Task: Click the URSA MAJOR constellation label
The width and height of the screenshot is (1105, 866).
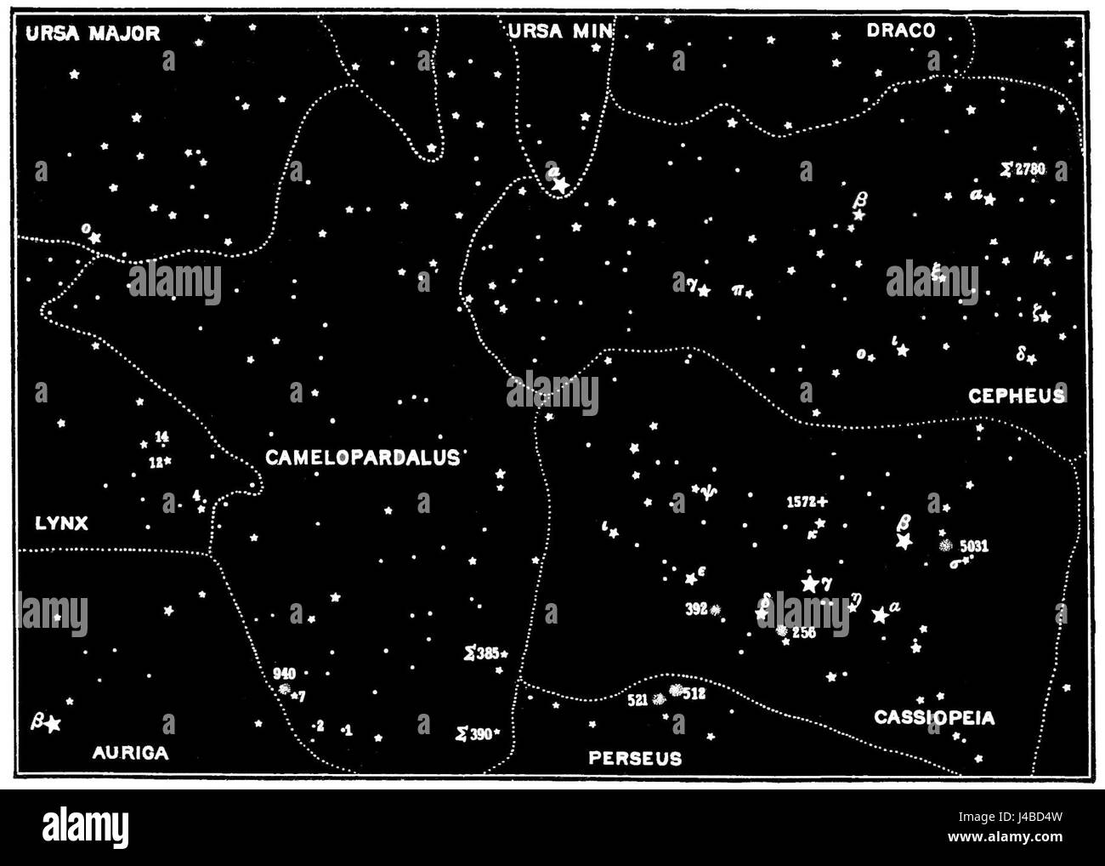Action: point(93,33)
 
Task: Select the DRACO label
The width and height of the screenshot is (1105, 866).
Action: point(901,31)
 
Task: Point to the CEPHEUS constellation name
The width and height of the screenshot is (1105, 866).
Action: point(1017,396)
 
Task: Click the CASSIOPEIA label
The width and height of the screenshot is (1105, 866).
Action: point(934,718)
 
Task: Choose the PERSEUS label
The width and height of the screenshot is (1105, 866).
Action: point(635,757)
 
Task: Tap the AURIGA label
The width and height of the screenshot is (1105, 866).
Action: point(130,752)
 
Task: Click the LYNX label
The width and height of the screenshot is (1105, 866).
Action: point(61,523)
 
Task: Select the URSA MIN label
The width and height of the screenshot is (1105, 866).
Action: point(560,31)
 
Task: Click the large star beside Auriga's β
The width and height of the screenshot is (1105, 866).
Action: point(54,724)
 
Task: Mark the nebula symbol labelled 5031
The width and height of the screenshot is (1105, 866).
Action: point(944,545)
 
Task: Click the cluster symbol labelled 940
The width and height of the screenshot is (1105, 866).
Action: point(285,688)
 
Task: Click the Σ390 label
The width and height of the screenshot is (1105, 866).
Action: point(474,733)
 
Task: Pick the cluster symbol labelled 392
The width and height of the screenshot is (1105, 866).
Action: point(716,609)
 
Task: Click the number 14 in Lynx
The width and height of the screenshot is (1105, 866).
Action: point(162,437)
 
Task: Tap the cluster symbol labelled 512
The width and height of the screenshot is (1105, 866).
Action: point(676,690)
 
